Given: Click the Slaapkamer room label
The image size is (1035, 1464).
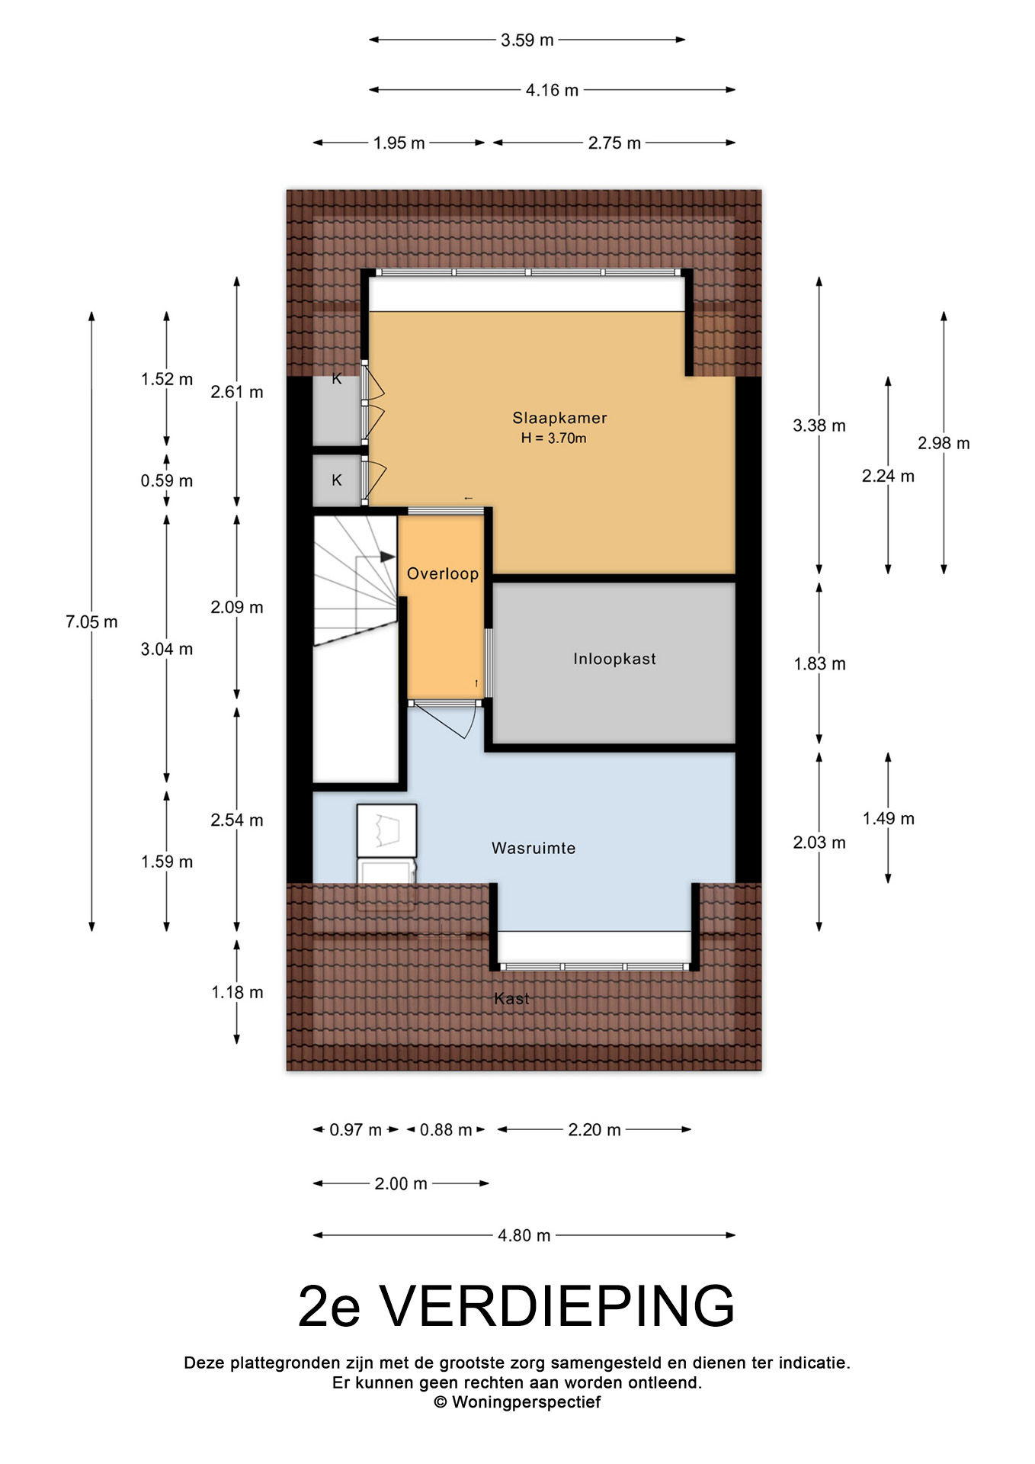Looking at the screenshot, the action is (x=559, y=418).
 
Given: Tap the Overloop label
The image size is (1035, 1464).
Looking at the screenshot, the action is (x=443, y=573).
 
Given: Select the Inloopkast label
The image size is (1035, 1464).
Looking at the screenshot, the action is (x=614, y=659).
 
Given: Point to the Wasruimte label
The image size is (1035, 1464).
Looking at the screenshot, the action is (x=534, y=848).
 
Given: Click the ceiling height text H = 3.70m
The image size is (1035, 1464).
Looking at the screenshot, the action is (x=554, y=438).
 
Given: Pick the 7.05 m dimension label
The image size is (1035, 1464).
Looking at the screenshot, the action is (x=91, y=622).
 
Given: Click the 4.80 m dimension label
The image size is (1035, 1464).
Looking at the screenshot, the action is (x=524, y=1235).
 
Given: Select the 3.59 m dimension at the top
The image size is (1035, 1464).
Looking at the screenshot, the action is (x=527, y=40).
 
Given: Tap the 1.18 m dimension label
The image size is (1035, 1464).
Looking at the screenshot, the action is (x=237, y=993).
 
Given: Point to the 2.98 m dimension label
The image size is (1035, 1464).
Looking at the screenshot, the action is (x=944, y=444).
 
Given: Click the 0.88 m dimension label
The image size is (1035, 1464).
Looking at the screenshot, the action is (x=446, y=1130).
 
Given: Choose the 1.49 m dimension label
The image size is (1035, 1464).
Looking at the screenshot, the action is (x=889, y=819).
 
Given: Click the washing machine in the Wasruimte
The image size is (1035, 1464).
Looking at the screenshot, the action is (x=386, y=830).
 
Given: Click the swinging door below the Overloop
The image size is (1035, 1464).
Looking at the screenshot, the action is (x=445, y=720).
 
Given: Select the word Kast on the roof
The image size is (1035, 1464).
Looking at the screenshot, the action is (x=511, y=999).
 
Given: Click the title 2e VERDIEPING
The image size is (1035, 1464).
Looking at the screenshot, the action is (x=517, y=1307).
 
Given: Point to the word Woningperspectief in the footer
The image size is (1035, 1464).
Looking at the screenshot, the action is (x=526, y=1402).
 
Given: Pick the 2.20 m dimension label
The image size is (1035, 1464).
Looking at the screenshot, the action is (x=594, y=1130).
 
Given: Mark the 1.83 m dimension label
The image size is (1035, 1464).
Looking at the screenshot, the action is (x=820, y=664).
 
